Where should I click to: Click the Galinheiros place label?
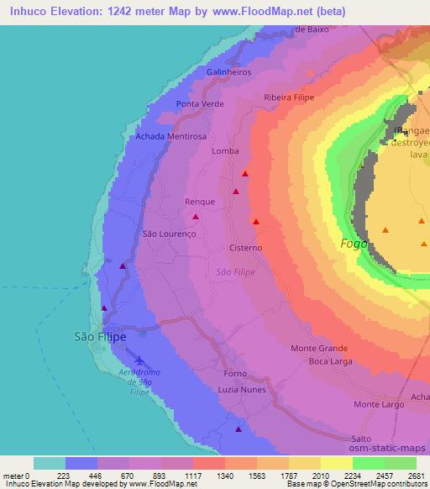click(x=228, y=72)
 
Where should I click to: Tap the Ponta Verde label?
click(x=197, y=104)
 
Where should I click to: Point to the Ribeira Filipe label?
click(x=288, y=97)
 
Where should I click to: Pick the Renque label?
click(x=200, y=202)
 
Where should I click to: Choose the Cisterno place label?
click(x=246, y=248)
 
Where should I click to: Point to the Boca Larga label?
click(x=329, y=361)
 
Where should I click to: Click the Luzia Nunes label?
click(x=241, y=390)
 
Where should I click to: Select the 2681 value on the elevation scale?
click(x=416, y=475)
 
